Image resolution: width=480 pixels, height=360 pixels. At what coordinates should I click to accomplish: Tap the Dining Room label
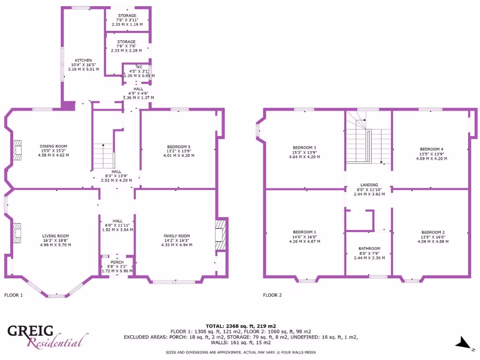point(53,146)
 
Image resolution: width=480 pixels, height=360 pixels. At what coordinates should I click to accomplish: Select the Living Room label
point(55,236)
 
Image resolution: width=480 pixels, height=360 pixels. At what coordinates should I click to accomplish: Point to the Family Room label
point(177,236)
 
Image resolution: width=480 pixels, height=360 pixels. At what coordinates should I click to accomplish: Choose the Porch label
point(117,262)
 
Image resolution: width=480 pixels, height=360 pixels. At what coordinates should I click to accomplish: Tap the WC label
point(139,67)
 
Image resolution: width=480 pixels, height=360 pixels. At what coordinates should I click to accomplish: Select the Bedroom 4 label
point(431,150)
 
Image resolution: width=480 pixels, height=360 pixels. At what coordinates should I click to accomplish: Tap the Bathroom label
point(369,248)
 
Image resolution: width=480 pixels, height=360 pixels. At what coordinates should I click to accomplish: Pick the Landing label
point(369,185)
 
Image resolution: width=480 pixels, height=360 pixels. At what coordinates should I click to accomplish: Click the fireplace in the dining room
point(17,150)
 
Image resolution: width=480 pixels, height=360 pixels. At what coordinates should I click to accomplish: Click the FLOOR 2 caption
point(272,295)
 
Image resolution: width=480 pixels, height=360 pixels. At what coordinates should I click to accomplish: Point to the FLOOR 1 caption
point(13,295)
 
